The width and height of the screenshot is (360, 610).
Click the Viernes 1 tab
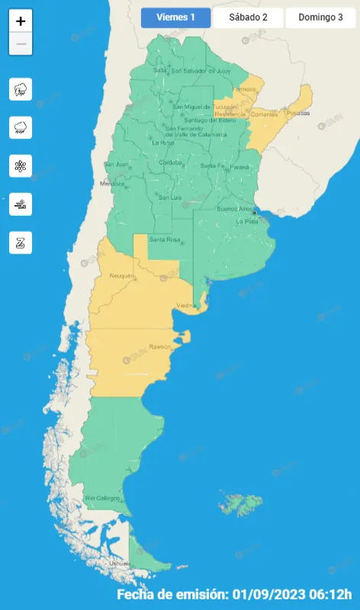point(175,18)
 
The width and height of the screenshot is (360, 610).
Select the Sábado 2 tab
point(248,18)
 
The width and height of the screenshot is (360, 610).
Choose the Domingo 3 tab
point(320,18)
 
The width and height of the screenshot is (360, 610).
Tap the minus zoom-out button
point(21,44)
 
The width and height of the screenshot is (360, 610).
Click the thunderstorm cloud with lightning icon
point(21,89)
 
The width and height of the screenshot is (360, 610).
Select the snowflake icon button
point(21,165)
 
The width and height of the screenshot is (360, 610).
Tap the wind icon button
point(21,204)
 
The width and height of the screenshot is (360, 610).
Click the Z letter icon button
point(21,242)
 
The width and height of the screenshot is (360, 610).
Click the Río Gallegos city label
point(102,499)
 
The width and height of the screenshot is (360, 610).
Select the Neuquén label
point(122,275)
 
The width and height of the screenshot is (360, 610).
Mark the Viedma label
point(186,306)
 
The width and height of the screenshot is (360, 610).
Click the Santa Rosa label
point(164,240)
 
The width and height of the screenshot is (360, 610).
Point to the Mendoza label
point(111,184)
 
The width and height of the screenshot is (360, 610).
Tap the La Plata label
point(247,221)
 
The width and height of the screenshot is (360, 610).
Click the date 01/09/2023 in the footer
point(266,594)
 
